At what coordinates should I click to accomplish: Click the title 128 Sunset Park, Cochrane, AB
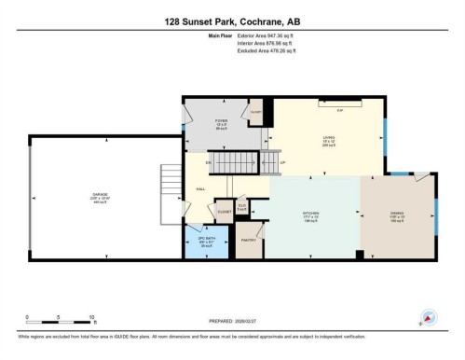point(232,21)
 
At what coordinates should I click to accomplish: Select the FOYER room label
point(221,121)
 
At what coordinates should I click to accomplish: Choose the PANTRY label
point(249,240)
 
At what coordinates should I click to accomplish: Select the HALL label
point(199,187)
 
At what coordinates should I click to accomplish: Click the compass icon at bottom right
point(428,317)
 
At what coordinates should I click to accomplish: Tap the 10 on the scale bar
point(92,317)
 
